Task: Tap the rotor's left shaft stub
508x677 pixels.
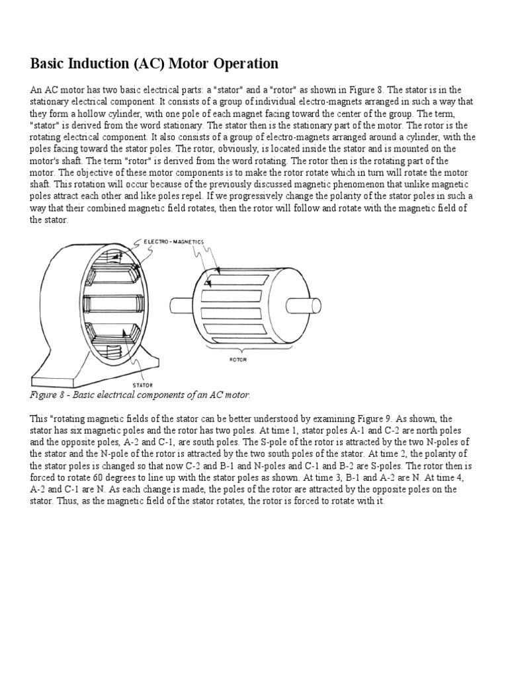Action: pos(180,306)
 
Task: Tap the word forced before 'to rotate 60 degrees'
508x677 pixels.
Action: pos(47,478)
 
